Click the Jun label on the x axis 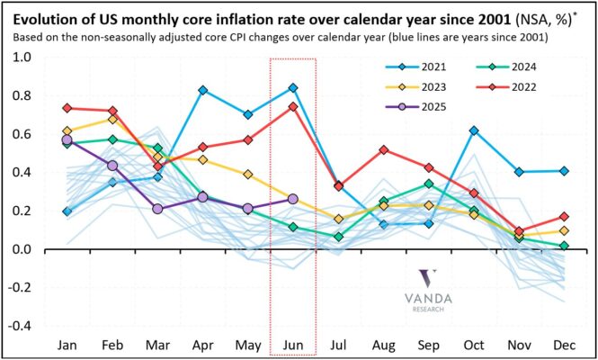click(x=293, y=345)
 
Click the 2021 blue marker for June click(x=293, y=87)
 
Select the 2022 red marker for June click(x=293, y=106)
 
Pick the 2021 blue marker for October click(x=473, y=130)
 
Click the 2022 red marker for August click(x=384, y=149)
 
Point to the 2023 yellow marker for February click(x=112, y=119)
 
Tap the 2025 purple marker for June click(x=293, y=199)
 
